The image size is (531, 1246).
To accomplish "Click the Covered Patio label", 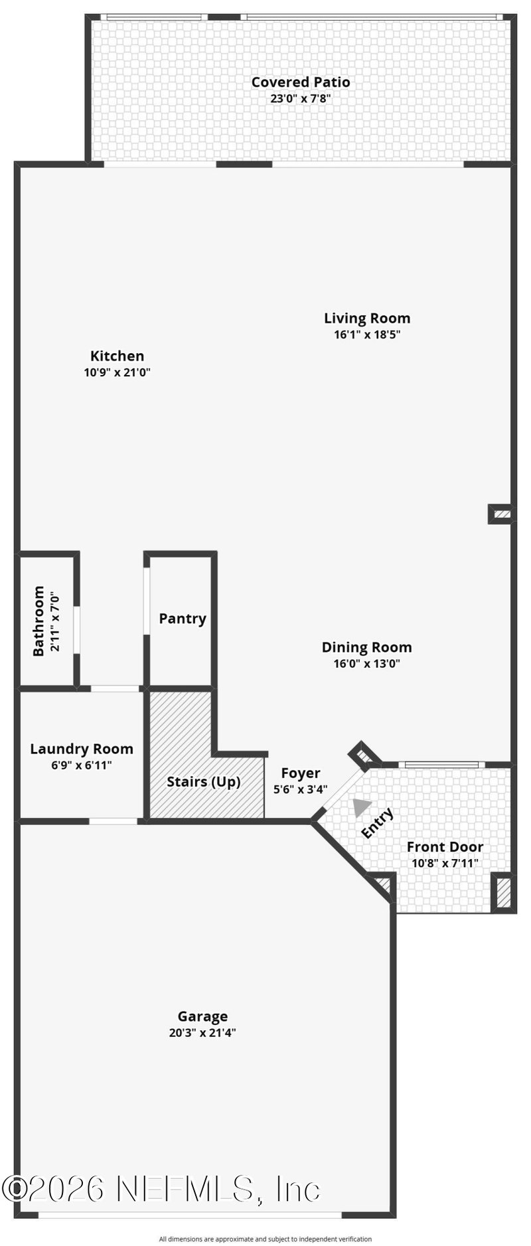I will pyautogui.click(x=300, y=82).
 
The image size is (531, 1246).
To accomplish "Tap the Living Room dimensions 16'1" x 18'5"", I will pyautogui.click(x=366, y=335).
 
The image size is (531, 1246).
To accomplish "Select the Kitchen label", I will pyautogui.click(x=117, y=356).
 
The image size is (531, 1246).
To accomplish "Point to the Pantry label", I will pyautogui.click(x=183, y=619).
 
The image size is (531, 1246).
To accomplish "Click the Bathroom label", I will pyautogui.click(x=38, y=620).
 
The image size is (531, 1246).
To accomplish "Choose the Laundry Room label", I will pyautogui.click(x=82, y=749).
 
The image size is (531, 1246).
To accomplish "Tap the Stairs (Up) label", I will pyautogui.click(x=203, y=781).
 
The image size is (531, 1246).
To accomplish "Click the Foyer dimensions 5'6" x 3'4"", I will pyautogui.click(x=300, y=790).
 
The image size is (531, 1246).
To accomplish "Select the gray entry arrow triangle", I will pyautogui.click(x=360, y=807).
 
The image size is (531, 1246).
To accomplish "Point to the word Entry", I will pyautogui.click(x=377, y=823).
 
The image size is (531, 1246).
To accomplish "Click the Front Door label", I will pyautogui.click(x=445, y=847).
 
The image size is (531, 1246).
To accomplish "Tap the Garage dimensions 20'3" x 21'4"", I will pyautogui.click(x=202, y=1033).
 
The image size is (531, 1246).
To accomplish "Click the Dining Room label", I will pyautogui.click(x=366, y=647).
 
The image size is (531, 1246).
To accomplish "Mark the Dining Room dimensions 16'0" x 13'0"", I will pyautogui.click(x=366, y=663).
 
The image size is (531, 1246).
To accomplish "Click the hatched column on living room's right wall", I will pyautogui.click(x=502, y=514).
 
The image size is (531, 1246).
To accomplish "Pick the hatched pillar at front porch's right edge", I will pyautogui.click(x=504, y=893).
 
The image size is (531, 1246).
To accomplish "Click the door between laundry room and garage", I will pyautogui.click(x=114, y=821).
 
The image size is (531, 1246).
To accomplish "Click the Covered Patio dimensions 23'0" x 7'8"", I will pyautogui.click(x=300, y=99).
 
